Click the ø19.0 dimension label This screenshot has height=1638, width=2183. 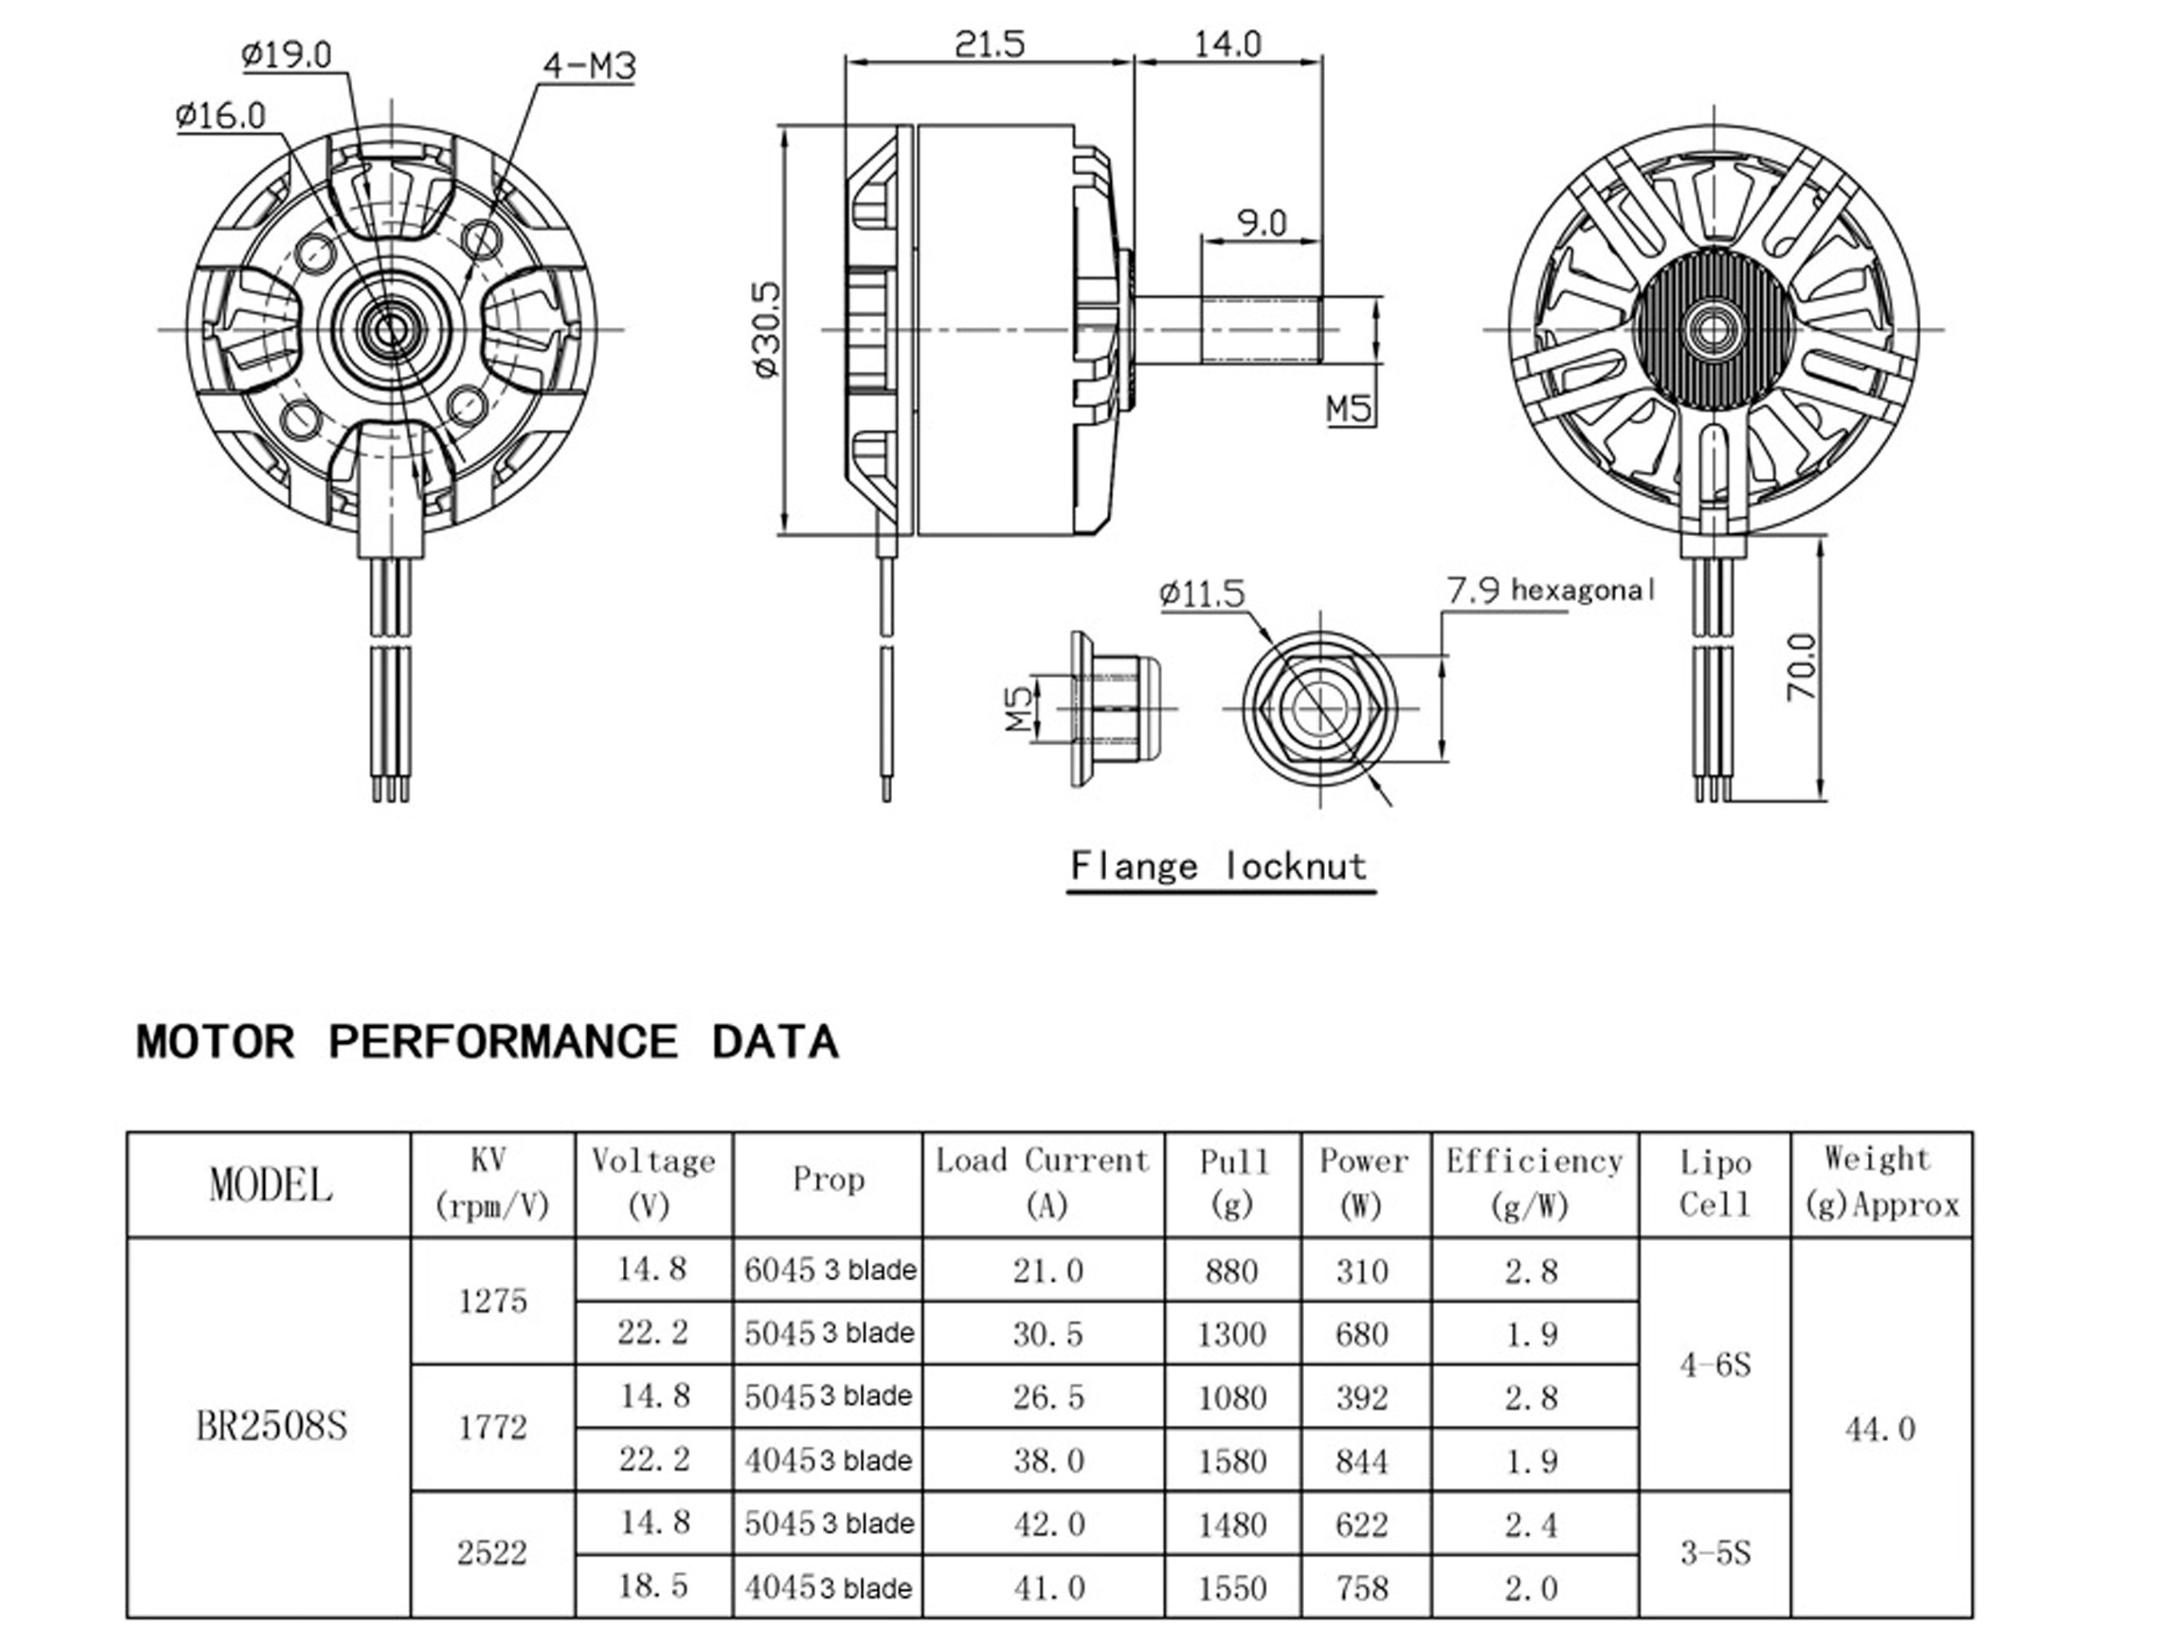click(287, 55)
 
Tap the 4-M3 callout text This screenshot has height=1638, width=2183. click(589, 67)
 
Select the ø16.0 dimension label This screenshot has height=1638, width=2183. click(221, 116)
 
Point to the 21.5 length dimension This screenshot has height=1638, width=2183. click(990, 44)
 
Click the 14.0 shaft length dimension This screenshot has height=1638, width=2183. click(1228, 44)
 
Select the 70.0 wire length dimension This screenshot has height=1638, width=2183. click(1801, 667)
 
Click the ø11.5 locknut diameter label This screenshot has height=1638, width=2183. click(1202, 594)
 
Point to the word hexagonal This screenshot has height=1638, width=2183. click(1581, 591)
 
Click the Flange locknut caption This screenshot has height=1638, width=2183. click(1220, 867)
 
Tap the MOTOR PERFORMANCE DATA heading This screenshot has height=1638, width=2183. click(487, 1043)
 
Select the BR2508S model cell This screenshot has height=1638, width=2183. click(271, 1426)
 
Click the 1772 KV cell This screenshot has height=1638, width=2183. click(493, 1427)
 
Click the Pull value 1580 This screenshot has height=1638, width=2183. click(1232, 1461)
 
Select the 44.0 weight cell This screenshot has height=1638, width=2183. click(1880, 1429)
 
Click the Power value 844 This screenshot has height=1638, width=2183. click(1362, 1461)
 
